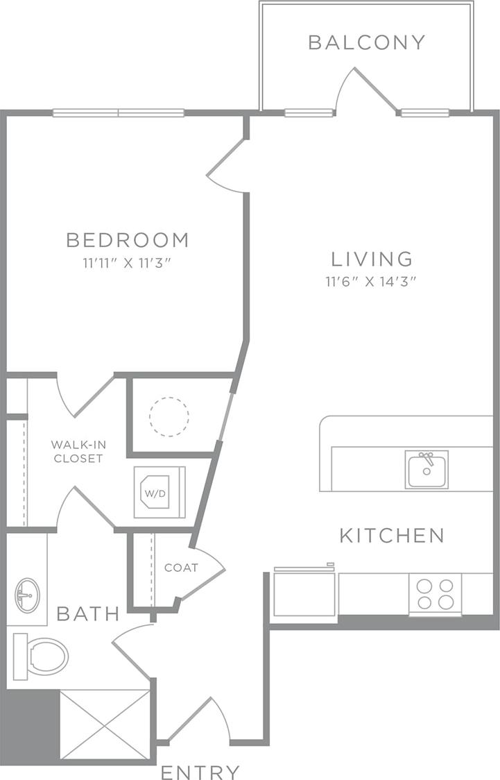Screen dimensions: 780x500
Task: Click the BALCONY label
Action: tap(366, 42)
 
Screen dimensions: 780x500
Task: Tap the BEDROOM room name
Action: tap(128, 240)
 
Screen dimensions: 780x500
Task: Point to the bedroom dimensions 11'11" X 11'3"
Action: tap(128, 264)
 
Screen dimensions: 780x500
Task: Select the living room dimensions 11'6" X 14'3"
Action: tap(372, 282)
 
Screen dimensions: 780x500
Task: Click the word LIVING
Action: tap(372, 259)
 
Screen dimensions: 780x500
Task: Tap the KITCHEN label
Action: tap(392, 535)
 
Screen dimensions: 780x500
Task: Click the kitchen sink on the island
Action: tap(427, 470)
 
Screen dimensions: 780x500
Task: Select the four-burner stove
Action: tap(435, 593)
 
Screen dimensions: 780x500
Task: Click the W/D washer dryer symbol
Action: tap(160, 493)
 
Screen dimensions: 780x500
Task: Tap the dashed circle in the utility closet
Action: tap(169, 416)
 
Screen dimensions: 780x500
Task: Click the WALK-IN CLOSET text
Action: tap(77, 451)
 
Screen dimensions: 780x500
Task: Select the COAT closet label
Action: tap(181, 568)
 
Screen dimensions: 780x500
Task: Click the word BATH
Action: tap(87, 613)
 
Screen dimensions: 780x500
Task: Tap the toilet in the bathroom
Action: tap(42, 655)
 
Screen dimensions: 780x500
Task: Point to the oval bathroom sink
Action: tap(28, 595)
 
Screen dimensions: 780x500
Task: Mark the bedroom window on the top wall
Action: tap(119, 113)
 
